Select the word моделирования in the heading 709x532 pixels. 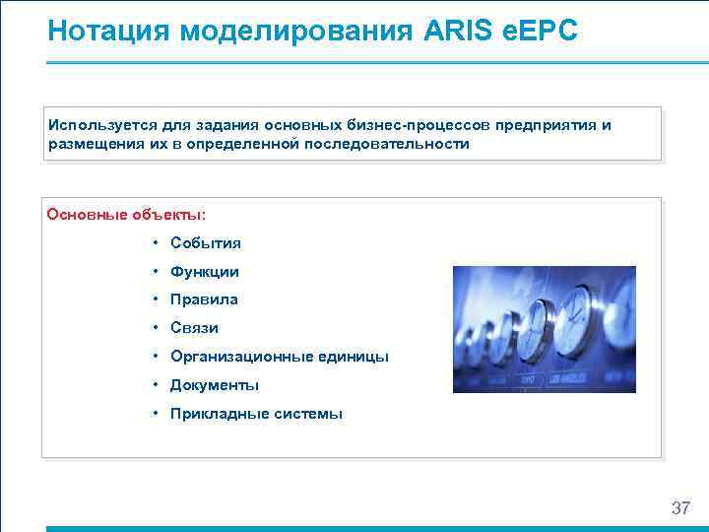[x=294, y=32]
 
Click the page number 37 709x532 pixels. [x=680, y=508]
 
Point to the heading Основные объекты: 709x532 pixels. [x=127, y=214]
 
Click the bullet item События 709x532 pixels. [x=206, y=242]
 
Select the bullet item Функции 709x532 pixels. [x=205, y=271]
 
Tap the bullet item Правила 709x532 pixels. [x=204, y=299]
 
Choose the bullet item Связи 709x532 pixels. [x=194, y=328]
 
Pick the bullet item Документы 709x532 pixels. [x=215, y=385]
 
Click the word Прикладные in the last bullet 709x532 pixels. [x=214, y=414]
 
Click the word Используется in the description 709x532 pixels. [x=94, y=125]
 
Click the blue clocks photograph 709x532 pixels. [x=544, y=329]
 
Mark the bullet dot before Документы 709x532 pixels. [x=157, y=385]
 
